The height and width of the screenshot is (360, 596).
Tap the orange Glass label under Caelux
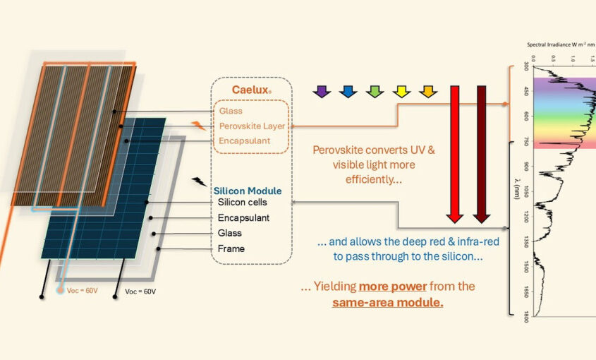pos(231,111)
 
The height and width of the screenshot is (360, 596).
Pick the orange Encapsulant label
pos(244,140)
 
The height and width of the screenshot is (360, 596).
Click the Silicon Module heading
pos(247,191)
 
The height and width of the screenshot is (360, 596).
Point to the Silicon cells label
pos(241,203)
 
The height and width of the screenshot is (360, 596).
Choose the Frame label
pos(231,248)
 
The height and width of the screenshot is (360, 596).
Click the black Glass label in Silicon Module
pos(229,233)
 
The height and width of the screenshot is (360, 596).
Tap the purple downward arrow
pos(322,91)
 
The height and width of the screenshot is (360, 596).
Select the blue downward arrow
pos(348,91)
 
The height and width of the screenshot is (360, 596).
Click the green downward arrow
pos(375,91)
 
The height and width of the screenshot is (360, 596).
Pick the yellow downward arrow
pos(401,91)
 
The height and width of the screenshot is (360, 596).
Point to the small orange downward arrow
pos(427,91)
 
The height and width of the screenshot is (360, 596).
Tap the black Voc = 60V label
pos(140,290)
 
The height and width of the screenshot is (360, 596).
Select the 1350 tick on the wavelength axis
pos(526,243)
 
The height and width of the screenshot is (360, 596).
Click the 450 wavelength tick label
pos(526,91)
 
